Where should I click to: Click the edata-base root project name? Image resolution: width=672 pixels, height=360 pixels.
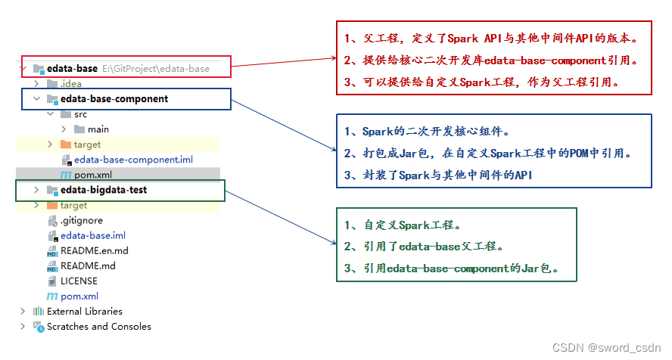[72, 69]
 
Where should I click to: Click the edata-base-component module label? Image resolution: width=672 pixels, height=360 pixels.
[114, 99]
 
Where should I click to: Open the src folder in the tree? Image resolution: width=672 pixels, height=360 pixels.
[80, 114]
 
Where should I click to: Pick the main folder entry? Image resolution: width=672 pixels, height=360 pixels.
[98, 129]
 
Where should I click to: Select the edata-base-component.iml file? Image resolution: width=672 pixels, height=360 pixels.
[128, 160]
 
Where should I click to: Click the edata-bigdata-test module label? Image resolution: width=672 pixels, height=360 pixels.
[104, 190]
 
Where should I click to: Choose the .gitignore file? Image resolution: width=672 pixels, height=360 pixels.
[82, 220]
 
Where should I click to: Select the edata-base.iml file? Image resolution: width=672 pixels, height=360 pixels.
[93, 235]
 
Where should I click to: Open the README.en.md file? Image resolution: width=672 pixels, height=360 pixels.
[94, 250]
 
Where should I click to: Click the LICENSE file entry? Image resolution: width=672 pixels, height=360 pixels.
[79, 281]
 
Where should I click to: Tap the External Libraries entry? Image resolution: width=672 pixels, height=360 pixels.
[84, 311]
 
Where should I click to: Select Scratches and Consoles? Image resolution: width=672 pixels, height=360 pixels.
[98, 327]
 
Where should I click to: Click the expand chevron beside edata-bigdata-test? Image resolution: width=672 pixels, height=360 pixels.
[36, 190]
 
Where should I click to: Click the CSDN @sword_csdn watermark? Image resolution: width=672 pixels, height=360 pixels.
[606, 348]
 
